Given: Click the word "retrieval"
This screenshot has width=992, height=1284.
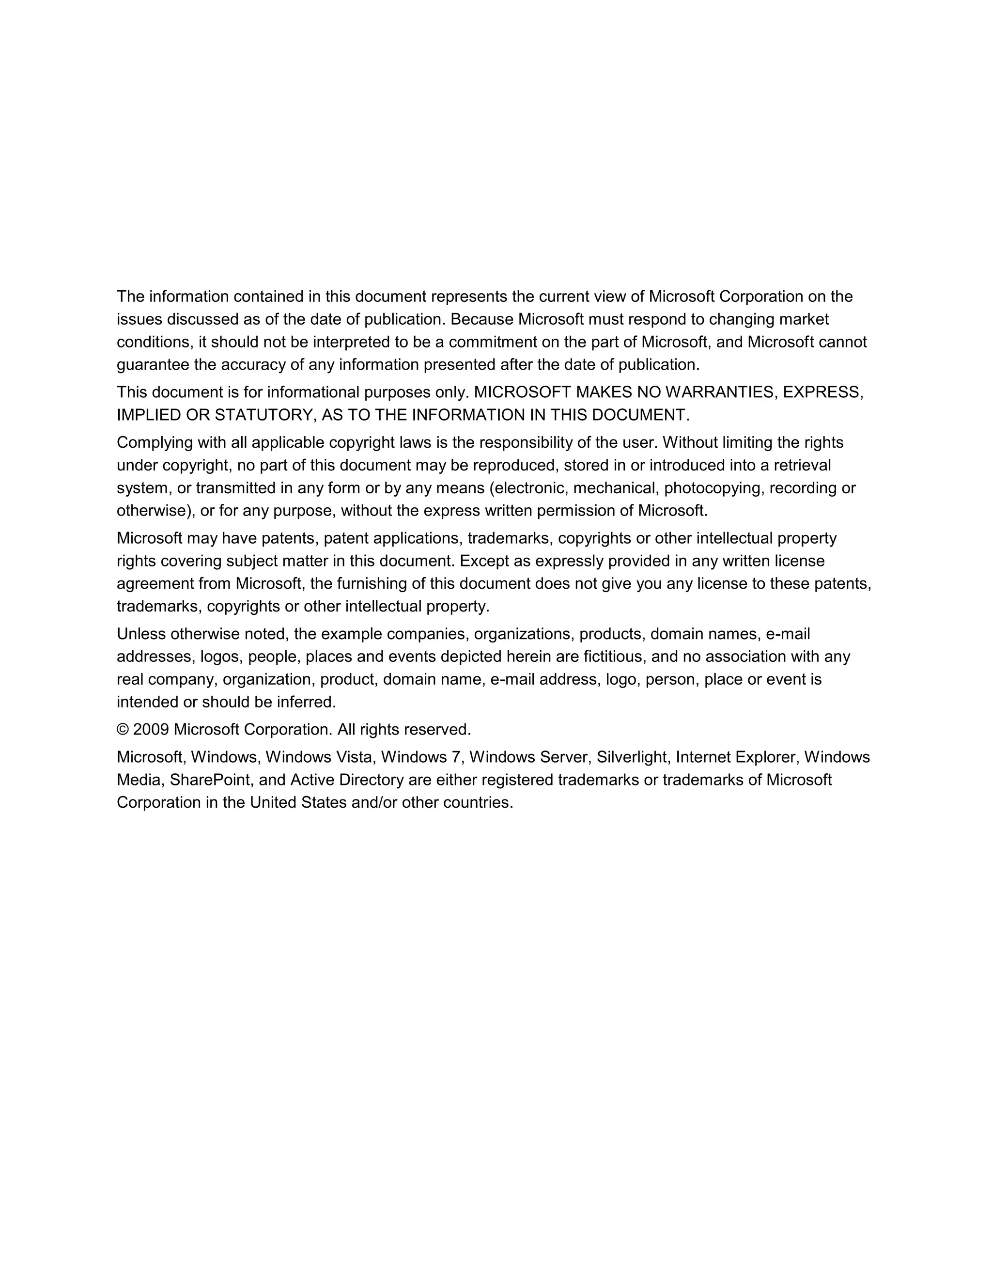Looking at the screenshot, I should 802,466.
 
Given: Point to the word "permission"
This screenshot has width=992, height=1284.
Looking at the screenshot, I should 576,511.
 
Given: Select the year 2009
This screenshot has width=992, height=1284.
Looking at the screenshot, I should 151,730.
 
